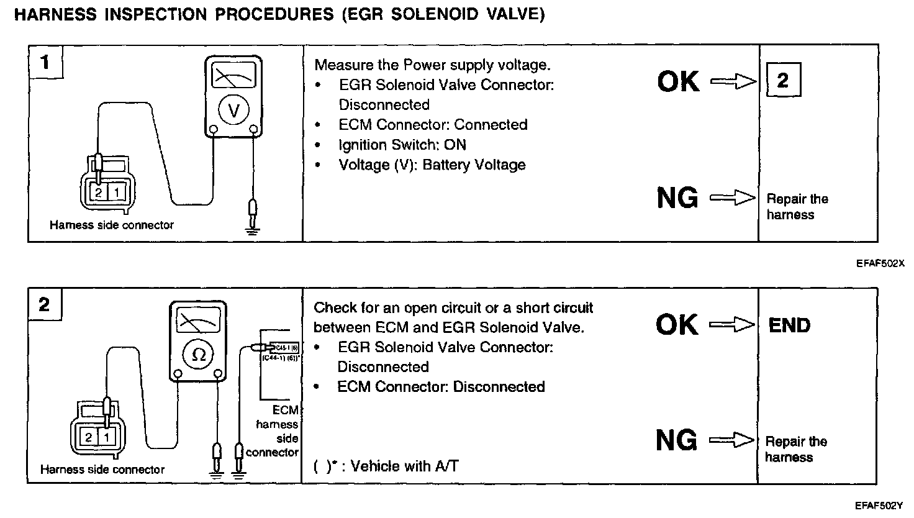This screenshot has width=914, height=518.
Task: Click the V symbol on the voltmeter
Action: [x=233, y=110]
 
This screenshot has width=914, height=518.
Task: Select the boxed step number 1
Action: [x=45, y=63]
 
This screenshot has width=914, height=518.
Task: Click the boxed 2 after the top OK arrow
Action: [x=783, y=80]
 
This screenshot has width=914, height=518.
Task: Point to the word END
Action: [x=789, y=325]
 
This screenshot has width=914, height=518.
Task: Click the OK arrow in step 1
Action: [x=733, y=81]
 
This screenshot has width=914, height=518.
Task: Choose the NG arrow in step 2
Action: [x=731, y=441]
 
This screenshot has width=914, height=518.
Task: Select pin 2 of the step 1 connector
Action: [x=99, y=193]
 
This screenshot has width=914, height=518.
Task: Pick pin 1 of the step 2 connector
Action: [x=107, y=437]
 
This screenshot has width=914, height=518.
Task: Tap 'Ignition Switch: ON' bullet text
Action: [x=402, y=145]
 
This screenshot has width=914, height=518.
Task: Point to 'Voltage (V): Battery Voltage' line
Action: [x=432, y=165]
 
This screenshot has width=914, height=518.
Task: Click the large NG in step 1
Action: [x=677, y=198]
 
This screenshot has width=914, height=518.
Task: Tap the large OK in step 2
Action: [x=676, y=325]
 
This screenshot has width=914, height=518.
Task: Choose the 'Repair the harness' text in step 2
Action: [x=795, y=449]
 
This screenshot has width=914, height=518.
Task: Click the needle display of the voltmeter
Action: [x=233, y=77]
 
